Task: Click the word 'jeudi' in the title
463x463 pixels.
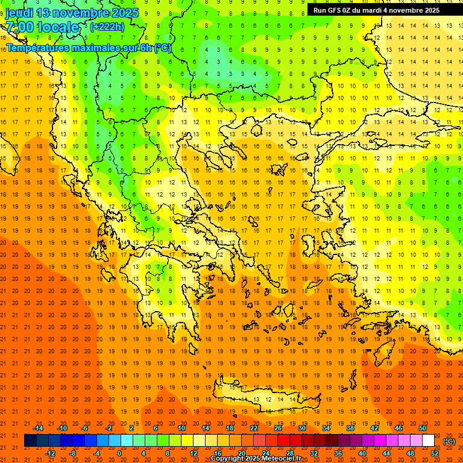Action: click(19, 13)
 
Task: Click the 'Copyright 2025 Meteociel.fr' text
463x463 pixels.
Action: click(256, 458)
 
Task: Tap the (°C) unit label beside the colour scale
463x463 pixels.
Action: click(449, 441)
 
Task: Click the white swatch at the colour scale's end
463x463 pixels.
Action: click(428, 441)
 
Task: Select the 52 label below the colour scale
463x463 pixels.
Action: click(435, 453)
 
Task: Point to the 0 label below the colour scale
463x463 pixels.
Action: click(119, 453)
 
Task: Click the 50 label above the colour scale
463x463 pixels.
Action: click(423, 428)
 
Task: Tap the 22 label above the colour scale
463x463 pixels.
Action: click(254, 428)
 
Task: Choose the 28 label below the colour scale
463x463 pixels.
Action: click(290, 453)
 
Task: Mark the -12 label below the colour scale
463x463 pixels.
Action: click(51, 453)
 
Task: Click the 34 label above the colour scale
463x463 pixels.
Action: click(326, 428)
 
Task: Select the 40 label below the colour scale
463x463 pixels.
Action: click(362, 453)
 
